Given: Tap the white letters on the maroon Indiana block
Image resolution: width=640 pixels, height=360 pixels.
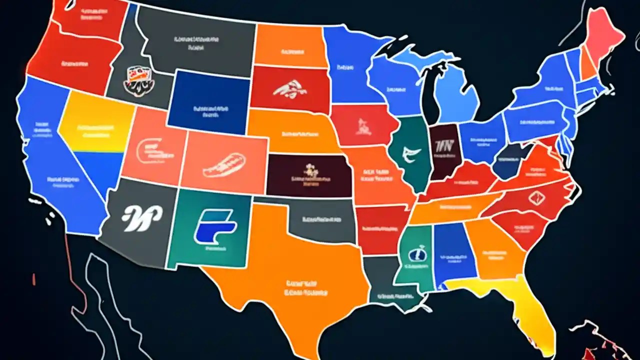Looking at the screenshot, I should click(443, 146).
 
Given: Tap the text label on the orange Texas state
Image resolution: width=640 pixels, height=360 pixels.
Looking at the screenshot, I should click(302, 287).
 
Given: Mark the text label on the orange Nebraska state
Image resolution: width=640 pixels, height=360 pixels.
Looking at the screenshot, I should click(300, 134).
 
